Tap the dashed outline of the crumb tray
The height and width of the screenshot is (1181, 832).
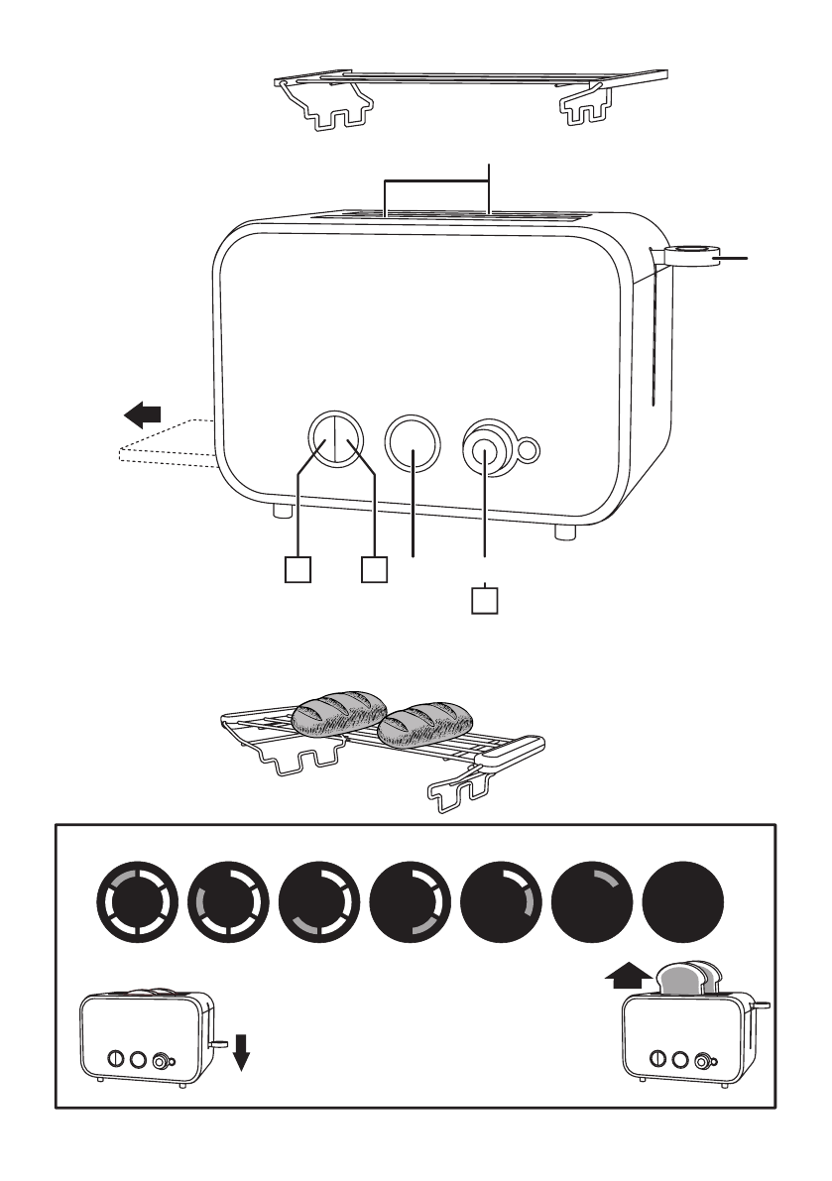click(x=165, y=443)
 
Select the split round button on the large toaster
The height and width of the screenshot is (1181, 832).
click(x=334, y=437)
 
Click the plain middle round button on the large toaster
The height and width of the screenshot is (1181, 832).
click(x=412, y=442)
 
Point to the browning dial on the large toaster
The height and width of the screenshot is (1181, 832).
click(x=484, y=450)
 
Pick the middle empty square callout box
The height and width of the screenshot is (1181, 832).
click(x=374, y=570)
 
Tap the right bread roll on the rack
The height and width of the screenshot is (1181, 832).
click(x=427, y=725)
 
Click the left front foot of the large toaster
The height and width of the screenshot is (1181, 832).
click(x=283, y=513)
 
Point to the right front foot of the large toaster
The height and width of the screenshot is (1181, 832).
click(x=564, y=531)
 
